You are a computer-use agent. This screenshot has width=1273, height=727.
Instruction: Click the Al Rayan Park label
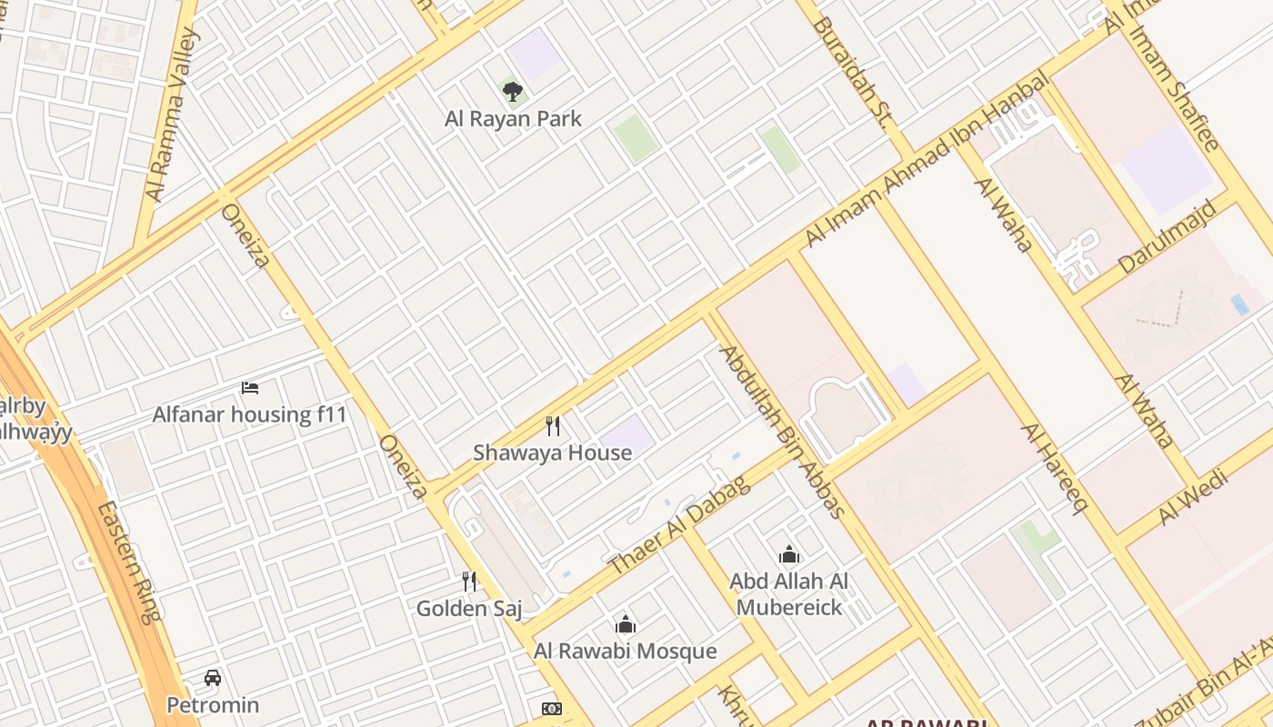click(513, 119)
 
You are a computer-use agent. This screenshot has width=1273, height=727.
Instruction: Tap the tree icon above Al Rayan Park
click(513, 91)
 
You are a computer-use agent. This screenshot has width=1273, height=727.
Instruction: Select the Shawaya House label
click(552, 453)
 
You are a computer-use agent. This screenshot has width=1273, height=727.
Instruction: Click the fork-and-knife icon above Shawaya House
click(552, 425)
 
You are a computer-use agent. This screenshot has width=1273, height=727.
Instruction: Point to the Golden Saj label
click(469, 609)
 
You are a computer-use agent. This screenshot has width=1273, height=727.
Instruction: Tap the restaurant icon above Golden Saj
click(469, 581)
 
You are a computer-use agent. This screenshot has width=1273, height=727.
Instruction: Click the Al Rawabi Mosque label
click(625, 652)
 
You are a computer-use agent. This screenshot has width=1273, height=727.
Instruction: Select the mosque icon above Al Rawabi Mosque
click(626, 624)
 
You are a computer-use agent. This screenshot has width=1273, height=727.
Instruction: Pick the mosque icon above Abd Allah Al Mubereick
click(789, 554)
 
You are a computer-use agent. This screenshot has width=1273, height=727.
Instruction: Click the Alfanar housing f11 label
click(249, 415)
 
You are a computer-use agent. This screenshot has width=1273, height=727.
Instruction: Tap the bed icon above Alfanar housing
click(250, 388)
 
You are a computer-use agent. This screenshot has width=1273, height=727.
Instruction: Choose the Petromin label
click(213, 705)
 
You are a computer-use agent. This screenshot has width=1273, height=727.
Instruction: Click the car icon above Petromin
click(213, 678)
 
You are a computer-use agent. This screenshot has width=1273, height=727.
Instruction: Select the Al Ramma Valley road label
click(172, 115)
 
